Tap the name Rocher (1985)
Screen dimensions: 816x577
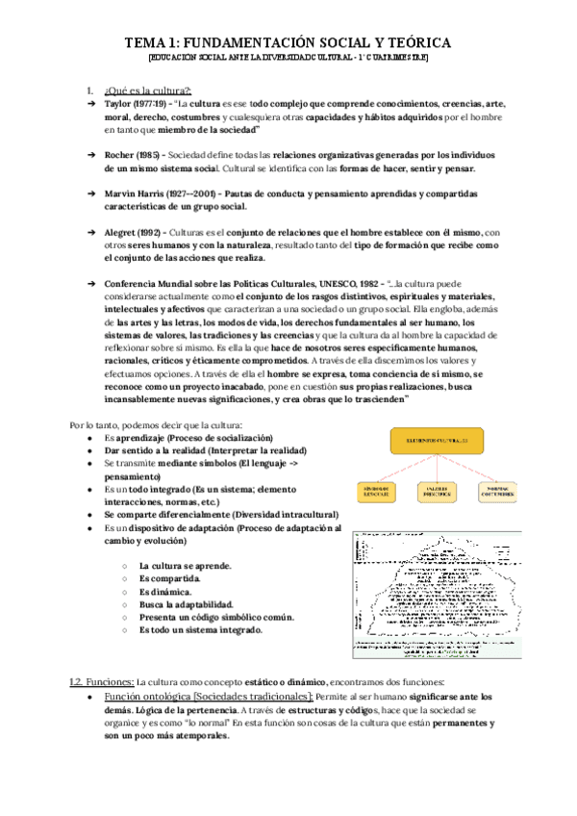tap(130, 154)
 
